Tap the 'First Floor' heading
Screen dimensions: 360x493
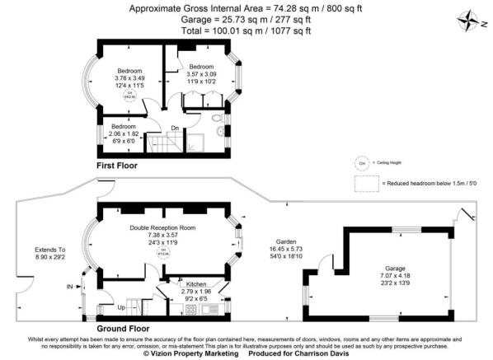(x=118, y=166)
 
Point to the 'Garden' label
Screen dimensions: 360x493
(x=283, y=240)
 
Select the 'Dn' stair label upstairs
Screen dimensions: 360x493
(x=176, y=128)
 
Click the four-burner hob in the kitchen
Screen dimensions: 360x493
(x=190, y=310)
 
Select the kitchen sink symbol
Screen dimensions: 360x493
(x=223, y=309)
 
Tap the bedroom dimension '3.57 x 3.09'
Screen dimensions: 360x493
(x=202, y=74)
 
